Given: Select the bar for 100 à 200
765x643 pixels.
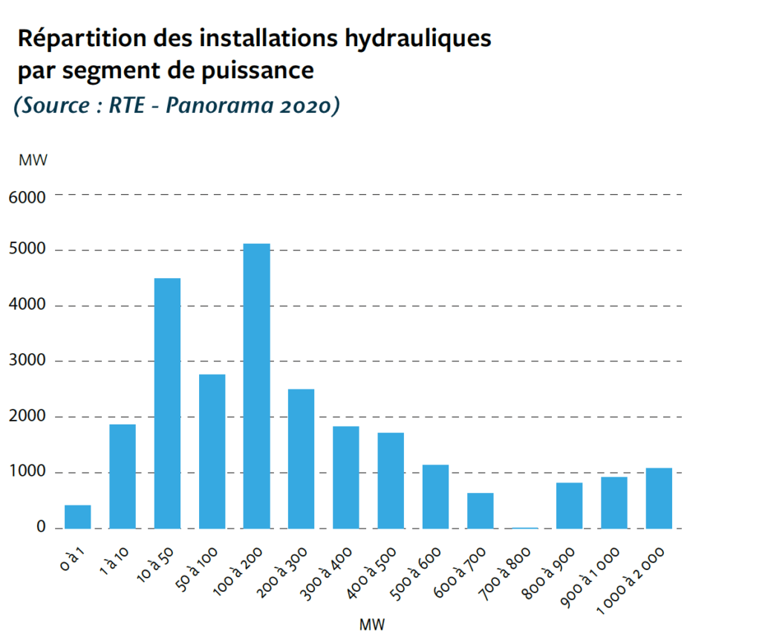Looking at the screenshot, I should pos(256,386).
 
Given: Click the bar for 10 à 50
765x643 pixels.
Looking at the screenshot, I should pos(167,403).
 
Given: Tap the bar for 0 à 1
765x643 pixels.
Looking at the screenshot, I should pos(78,517).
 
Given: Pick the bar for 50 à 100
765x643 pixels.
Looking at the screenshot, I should pos(212,451).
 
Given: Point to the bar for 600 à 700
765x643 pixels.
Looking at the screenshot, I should pos(481,510).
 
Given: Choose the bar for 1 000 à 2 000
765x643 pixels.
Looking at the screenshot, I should pos(659,498).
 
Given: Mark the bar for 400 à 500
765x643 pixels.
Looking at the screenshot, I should pos(391,480).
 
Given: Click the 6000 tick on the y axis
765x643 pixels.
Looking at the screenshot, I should pos(27,197).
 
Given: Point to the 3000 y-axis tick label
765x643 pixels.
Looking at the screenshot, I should pos(27,361).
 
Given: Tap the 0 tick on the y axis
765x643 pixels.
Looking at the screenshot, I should pos(40,528).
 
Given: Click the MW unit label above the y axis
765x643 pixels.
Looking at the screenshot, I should pos(33,160).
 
